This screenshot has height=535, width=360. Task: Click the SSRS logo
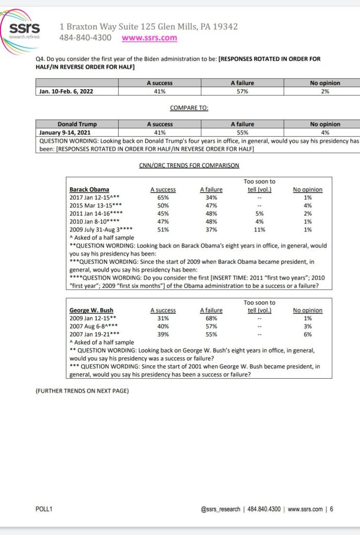click(24, 31)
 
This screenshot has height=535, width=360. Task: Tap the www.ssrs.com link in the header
click(149, 38)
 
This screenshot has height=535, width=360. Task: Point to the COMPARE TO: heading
click(189, 108)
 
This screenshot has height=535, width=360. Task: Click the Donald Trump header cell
click(77, 124)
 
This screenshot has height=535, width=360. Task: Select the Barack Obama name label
click(89, 190)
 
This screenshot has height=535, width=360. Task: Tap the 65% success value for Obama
click(162, 197)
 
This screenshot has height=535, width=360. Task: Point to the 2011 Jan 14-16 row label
click(96, 214)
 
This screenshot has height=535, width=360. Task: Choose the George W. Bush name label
click(91, 310)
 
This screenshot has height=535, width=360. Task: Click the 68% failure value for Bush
click(211, 318)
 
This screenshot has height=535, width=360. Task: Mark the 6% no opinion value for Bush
click(307, 334)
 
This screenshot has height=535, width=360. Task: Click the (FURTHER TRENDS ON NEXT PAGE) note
click(82, 391)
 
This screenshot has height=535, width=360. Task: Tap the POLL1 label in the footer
click(44, 509)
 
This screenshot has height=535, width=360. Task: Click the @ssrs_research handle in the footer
click(220, 509)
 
